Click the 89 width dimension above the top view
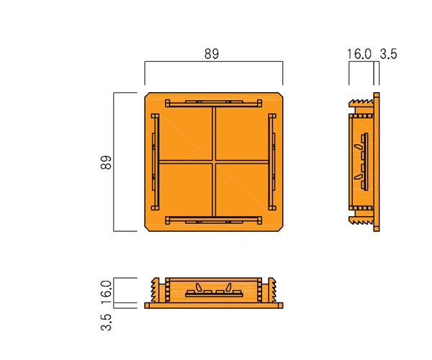212,54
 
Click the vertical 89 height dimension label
106,162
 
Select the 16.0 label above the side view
359,54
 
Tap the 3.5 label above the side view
388,54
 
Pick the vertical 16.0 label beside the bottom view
106,292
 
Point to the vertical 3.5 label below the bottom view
106,322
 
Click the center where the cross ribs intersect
214,162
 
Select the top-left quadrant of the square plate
186,134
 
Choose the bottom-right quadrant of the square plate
242,190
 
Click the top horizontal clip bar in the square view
214,103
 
